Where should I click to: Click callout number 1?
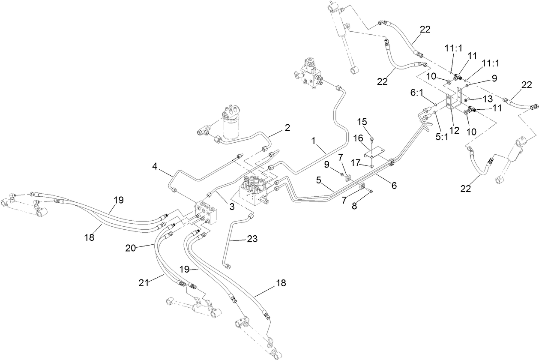314,140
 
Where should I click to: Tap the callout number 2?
287,127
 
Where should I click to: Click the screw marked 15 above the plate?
372,139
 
